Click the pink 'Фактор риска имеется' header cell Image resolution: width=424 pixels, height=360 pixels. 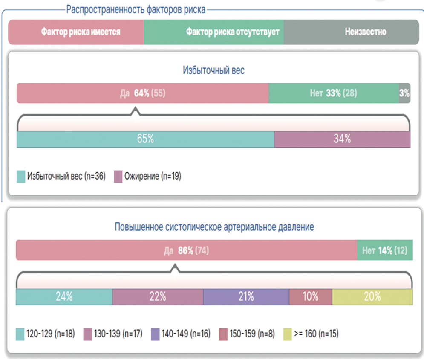[x=76, y=32]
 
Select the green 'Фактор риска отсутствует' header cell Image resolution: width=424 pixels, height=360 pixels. [x=214, y=32]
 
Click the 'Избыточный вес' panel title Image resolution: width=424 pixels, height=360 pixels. [x=213, y=70]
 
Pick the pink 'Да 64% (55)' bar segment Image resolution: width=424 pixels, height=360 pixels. [x=143, y=93]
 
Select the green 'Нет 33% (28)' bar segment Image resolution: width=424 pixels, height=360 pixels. [x=334, y=93]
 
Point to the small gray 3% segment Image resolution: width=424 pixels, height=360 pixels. [x=404, y=93]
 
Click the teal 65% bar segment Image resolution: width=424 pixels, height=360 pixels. [x=145, y=139]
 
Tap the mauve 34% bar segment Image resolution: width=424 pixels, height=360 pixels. [x=342, y=139]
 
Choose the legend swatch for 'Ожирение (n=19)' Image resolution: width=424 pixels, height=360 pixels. [x=118, y=176]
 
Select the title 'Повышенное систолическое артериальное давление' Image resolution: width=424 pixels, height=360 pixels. [x=214, y=227]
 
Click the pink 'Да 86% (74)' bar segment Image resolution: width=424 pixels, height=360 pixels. [x=186, y=250]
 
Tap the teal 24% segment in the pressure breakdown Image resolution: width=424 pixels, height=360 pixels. [x=64, y=297]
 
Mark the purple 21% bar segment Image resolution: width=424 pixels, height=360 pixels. [x=246, y=297]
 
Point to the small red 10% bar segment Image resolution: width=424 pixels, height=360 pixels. [x=310, y=297]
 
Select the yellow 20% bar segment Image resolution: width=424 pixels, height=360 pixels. [x=372, y=297]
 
